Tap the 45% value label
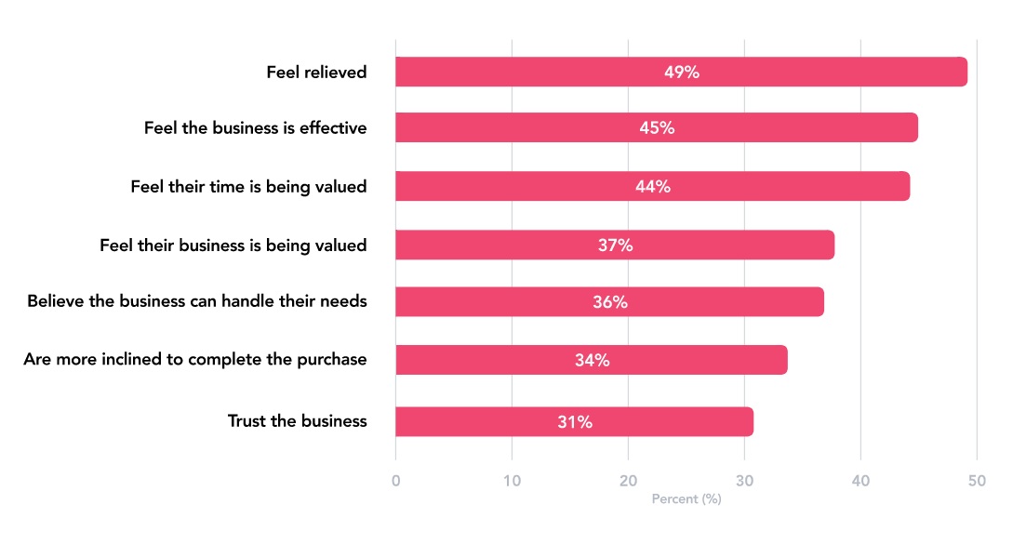(657, 128)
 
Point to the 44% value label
(652, 186)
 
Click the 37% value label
(615, 245)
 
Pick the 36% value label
(610, 302)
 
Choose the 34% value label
(593, 360)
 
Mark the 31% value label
(575, 421)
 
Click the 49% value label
(682, 72)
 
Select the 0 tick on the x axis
(396, 481)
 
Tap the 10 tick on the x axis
(512, 481)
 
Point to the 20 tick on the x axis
(628, 481)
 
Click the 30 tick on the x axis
(744, 481)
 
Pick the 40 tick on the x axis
(860, 481)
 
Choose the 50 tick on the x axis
(977, 481)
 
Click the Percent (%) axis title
(686, 499)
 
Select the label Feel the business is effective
(256, 128)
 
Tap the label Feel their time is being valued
(249, 186)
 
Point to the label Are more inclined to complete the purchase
(195, 360)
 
